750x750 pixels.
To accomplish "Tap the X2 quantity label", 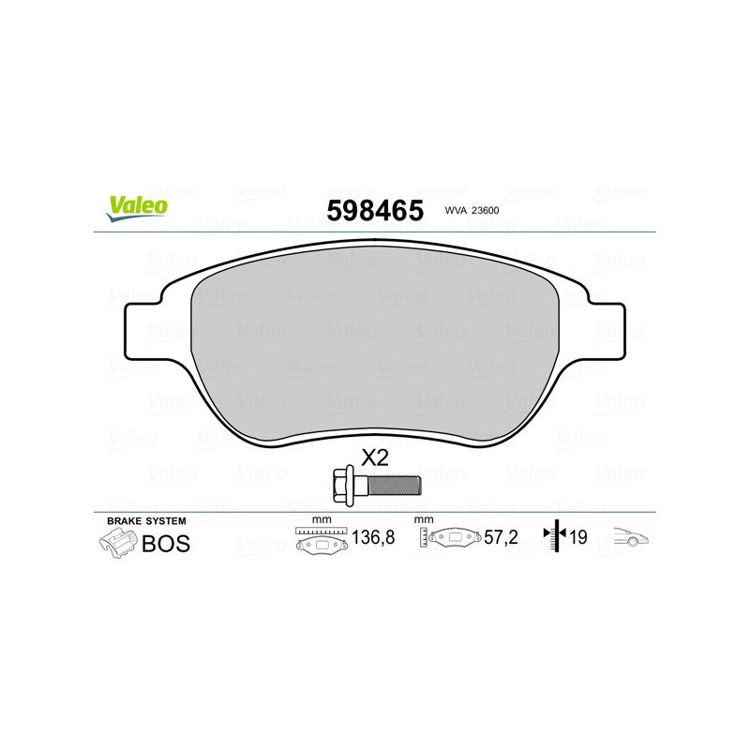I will (x=375, y=457).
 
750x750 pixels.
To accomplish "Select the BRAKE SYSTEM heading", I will (x=146, y=520).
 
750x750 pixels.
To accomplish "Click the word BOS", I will (x=166, y=544).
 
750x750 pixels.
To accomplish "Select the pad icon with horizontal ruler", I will (x=321, y=540).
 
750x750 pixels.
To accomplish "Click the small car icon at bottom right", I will (x=631, y=538).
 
